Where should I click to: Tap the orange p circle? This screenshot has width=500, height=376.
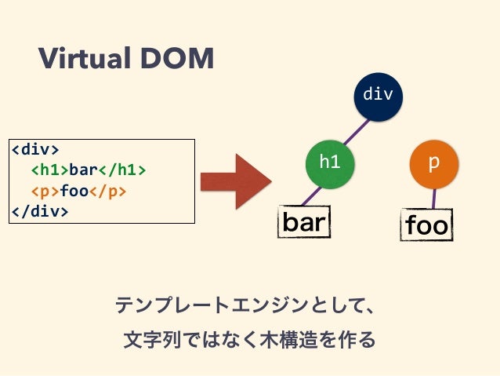coord(433,162)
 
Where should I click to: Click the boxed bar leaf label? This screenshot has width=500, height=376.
coord(304,222)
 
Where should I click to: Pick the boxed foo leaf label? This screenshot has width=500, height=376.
coord(427,226)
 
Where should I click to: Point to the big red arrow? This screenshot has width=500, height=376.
coord(235,182)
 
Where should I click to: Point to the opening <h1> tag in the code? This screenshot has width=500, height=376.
coord(49,170)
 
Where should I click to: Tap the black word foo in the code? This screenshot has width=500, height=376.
coord(74,191)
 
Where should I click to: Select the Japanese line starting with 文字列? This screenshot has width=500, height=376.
coord(249,340)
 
